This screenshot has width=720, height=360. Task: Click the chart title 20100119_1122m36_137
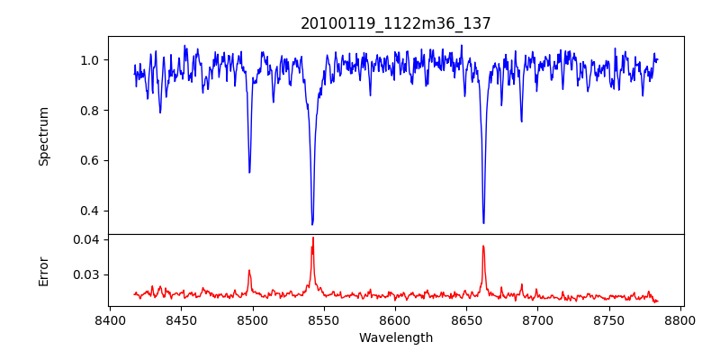pos(395,23)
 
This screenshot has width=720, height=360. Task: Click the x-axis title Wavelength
pos(395,337)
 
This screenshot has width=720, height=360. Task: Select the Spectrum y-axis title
pos(44,136)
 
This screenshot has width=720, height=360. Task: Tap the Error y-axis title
pos(44,270)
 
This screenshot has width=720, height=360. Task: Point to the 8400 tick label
pos(110,320)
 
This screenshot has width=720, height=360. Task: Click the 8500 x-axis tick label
pos(252,320)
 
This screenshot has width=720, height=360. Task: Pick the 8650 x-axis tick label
pos(466,320)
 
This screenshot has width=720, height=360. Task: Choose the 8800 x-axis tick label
pos(680,320)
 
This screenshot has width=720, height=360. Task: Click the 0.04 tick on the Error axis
pos(85,239)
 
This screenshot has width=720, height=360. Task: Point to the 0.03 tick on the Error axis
pos(85,274)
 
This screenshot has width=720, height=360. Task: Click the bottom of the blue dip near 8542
pos(312,224)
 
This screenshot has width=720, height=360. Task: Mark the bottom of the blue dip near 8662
pos(483,222)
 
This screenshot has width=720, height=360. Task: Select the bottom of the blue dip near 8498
pos(249,172)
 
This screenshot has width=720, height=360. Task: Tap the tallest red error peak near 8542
pos(312,238)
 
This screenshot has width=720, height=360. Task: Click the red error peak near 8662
pos(483,246)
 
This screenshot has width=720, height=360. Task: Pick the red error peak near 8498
pos(249,270)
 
